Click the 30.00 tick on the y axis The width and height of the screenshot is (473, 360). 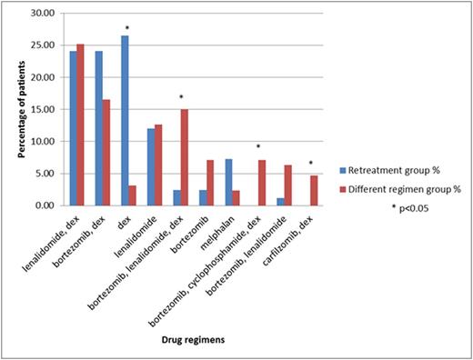(39, 14)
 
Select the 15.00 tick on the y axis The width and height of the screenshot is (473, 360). (39, 109)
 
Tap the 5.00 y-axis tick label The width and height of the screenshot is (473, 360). (42, 174)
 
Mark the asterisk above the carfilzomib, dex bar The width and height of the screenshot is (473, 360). (311, 164)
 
